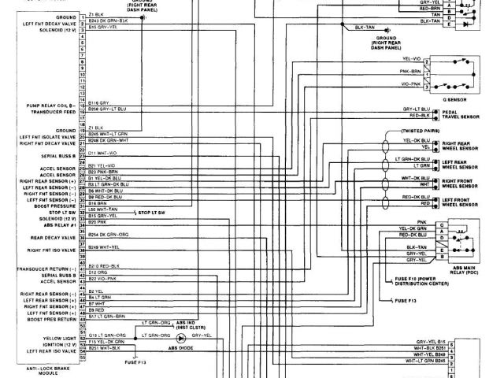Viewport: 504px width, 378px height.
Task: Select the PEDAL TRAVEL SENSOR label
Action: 460,117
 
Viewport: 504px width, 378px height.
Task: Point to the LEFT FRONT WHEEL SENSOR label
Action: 460,203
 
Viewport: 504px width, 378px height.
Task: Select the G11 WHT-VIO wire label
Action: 102,152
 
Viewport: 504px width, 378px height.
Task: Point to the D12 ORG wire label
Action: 97,272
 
